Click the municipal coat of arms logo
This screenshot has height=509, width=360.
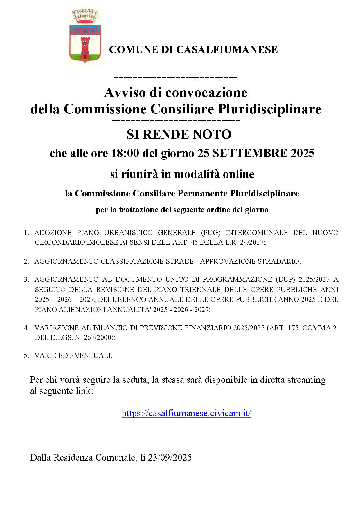[x=85, y=37]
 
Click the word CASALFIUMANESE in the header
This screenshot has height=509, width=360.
[x=227, y=50]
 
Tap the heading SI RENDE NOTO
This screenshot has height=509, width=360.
[x=179, y=134]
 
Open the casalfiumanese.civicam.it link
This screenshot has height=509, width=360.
[x=186, y=413]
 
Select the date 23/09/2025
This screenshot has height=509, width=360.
[x=170, y=458]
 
